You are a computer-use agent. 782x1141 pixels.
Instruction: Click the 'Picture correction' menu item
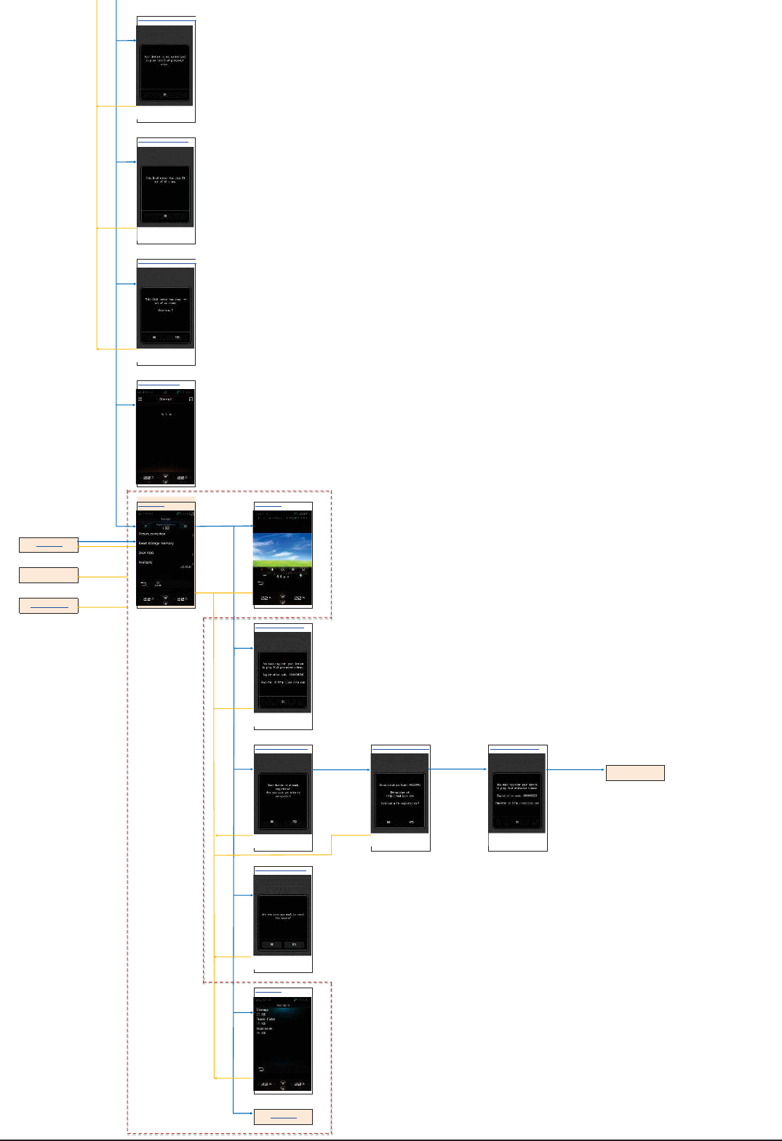[152, 534]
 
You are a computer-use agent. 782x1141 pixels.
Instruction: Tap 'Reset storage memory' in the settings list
[156, 543]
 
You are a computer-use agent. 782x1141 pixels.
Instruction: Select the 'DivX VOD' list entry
[146, 553]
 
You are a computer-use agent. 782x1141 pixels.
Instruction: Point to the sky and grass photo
[282, 550]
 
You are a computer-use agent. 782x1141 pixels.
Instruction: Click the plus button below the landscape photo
[300, 575]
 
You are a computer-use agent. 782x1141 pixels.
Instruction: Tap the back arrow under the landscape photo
[260, 583]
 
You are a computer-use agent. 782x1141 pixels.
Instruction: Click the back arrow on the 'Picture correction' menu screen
[143, 584]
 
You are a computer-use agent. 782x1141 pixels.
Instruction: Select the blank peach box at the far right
[635, 772]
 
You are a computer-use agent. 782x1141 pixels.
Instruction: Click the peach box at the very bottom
[283, 1117]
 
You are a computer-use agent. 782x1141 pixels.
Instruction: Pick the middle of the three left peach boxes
[48, 575]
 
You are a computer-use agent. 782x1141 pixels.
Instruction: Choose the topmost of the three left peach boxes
[48, 544]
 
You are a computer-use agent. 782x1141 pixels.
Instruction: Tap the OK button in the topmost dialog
[165, 95]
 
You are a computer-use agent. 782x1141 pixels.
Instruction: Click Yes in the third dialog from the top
[177, 337]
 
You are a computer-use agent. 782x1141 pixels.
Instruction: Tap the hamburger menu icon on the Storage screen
[140, 399]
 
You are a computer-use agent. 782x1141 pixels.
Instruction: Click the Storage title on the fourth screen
[166, 399]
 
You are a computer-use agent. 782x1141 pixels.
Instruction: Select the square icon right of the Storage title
[191, 399]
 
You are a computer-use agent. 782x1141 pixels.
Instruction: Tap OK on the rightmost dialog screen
[517, 822]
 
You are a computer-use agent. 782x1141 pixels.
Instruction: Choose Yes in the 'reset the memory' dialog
[294, 944]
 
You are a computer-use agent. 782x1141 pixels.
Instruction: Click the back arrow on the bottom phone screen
[260, 1069]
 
